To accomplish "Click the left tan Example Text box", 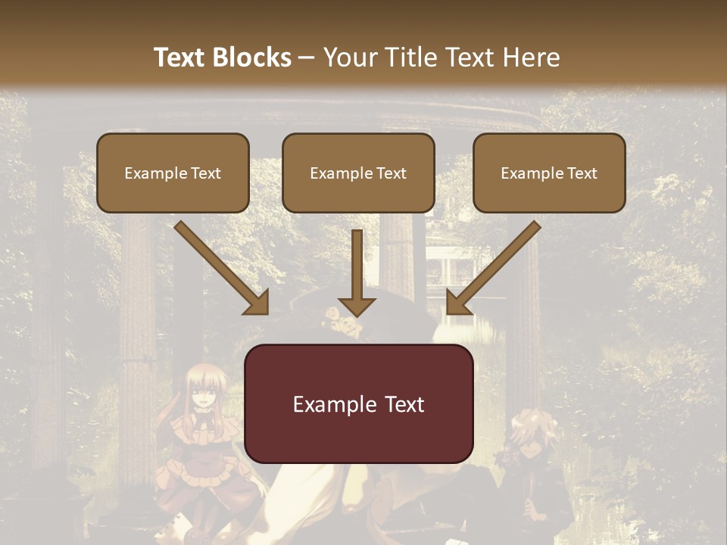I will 173,173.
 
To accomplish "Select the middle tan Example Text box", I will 358,173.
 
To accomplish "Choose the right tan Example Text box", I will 549,173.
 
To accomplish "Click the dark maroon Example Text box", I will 358,404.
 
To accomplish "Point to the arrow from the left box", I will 223,269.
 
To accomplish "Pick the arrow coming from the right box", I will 492,269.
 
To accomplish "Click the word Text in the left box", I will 204,173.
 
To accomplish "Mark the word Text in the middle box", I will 390,173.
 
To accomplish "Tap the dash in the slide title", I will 307,58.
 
